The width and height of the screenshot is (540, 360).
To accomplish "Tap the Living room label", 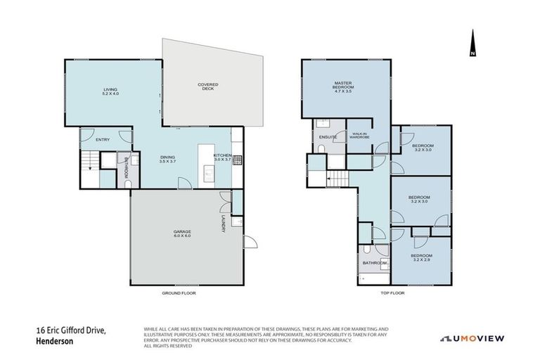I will coord(110,91).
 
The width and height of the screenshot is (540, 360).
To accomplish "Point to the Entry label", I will coord(103,139).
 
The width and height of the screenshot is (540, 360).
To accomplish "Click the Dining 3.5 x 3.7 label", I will coord(167,159).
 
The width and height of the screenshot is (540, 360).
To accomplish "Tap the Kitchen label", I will coord(223,157).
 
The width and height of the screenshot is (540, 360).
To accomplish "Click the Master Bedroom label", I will coord(343,87).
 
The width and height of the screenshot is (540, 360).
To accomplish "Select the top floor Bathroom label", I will coord(373,263).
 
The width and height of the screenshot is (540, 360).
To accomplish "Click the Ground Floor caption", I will coord(179,292).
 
